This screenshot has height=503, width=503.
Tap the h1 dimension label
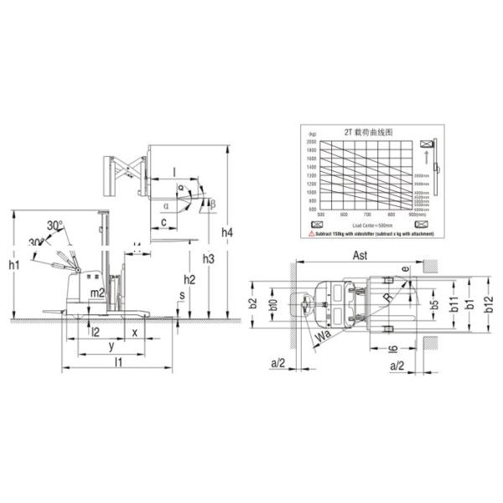(x=13, y=266)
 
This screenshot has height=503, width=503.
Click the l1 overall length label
(x=118, y=362)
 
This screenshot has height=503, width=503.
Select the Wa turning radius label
(x=323, y=337)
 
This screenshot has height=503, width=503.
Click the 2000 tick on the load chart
(x=312, y=143)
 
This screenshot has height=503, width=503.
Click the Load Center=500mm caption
(x=369, y=225)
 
